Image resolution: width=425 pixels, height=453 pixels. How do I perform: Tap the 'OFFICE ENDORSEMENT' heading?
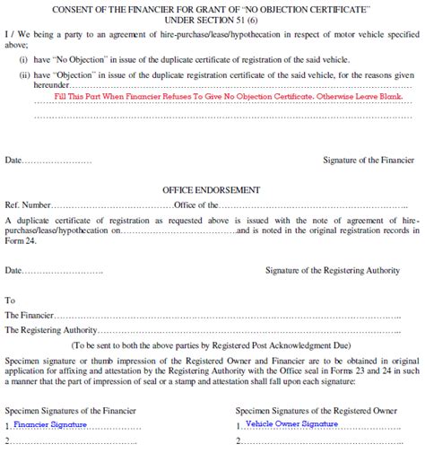point(212,190)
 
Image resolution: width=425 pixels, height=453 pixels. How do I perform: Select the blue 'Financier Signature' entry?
point(50,424)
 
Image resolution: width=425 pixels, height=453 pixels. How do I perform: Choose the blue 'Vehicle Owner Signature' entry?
point(291,423)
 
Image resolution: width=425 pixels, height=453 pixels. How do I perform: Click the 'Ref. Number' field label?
point(26,205)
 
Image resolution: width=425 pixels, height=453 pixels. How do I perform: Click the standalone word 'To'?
point(10,301)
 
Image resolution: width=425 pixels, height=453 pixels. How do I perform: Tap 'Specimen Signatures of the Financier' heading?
point(71,409)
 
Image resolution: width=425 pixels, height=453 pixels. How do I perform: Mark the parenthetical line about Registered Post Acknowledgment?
point(212,345)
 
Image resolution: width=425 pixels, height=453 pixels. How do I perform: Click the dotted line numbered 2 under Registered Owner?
point(305,440)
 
